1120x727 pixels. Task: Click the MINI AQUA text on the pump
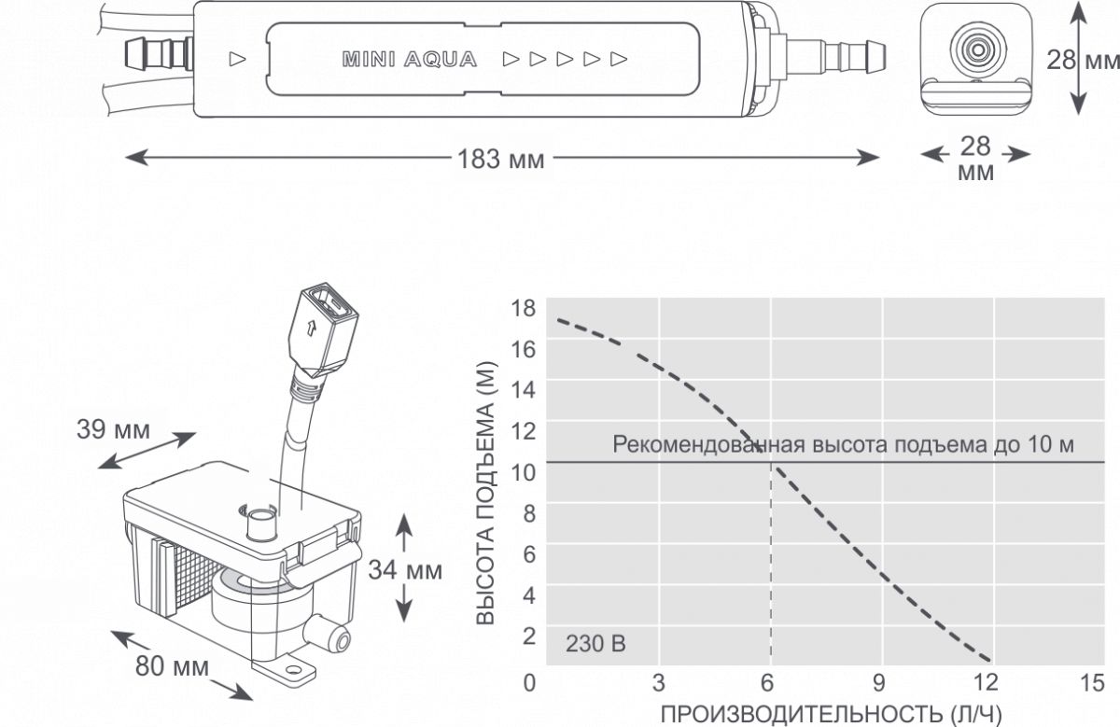[410, 61]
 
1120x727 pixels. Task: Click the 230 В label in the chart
[595, 644]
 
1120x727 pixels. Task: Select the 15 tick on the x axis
[1092, 681]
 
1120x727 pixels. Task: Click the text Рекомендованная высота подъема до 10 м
[844, 444]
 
